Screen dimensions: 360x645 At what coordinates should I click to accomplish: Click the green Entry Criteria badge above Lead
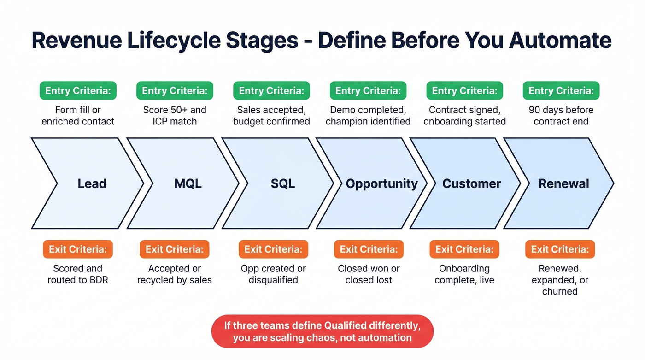[x=78, y=91]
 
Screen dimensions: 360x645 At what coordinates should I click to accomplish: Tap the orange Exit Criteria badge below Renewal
[x=560, y=249]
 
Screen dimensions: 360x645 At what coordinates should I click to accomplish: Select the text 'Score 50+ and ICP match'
[x=175, y=116]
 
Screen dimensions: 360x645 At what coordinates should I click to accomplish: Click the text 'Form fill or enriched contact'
[x=78, y=116]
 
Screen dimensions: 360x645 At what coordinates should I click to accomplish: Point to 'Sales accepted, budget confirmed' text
[x=271, y=116]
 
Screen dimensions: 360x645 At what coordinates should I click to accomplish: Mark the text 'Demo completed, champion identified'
[x=368, y=116]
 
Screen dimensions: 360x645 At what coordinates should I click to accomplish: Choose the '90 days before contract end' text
[x=561, y=116]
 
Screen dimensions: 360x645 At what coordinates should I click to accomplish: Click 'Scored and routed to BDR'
[x=78, y=274]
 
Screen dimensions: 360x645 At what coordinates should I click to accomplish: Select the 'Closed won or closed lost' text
[x=369, y=274]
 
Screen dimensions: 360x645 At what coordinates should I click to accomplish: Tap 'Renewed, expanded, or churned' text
[x=560, y=280]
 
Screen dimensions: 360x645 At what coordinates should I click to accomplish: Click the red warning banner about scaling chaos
[x=322, y=331]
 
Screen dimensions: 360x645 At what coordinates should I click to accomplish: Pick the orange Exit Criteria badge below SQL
[x=273, y=249]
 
